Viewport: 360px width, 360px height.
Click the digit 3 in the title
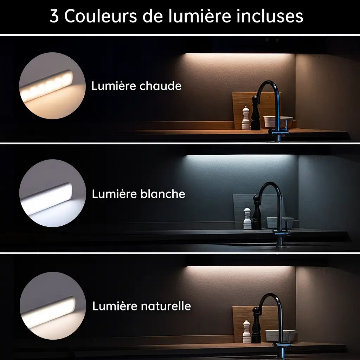pos(54,16)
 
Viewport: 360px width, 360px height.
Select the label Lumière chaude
pos(136,86)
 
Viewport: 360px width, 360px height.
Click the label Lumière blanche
pos(139,194)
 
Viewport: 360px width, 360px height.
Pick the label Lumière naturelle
pos(141,306)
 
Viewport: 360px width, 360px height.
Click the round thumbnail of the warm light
pos(52,86)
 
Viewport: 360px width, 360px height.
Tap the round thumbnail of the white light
pos(52,193)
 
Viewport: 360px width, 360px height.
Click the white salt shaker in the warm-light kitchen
pos(246,118)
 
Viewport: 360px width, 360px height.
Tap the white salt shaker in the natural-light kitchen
pos(247,332)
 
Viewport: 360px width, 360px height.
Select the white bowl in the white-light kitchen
pos(279,222)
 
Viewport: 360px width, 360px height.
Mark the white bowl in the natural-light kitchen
pos(280,335)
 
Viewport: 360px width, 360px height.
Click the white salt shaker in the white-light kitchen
pos(247,219)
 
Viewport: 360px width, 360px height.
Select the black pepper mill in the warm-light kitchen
pos(255,113)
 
